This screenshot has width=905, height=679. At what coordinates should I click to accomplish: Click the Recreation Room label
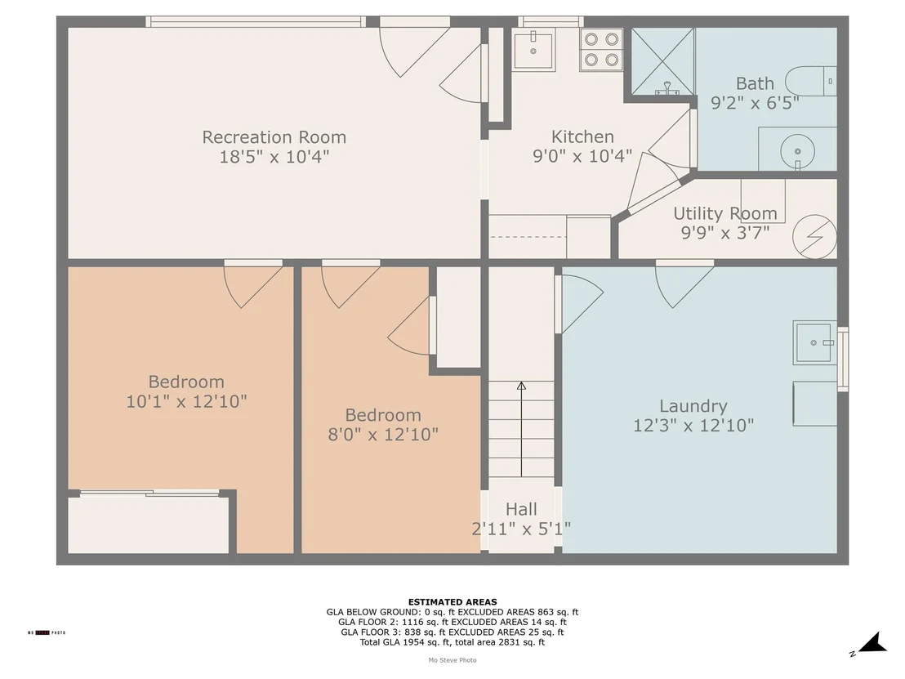(x=274, y=137)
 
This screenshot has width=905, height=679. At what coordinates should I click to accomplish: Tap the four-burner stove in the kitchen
(x=601, y=50)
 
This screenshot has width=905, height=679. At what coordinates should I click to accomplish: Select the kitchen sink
(x=534, y=50)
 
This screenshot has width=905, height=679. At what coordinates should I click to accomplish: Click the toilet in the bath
(x=811, y=81)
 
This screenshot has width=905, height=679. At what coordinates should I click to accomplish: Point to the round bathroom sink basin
(x=798, y=151)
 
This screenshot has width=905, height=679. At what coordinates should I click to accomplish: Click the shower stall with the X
(x=662, y=61)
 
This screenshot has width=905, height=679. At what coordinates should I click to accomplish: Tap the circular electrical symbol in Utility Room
(x=814, y=237)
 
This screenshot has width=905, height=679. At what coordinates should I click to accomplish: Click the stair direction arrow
(x=521, y=429)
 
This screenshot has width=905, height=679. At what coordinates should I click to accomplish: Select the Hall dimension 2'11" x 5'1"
(x=521, y=529)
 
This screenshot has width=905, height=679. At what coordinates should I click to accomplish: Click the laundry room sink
(x=814, y=342)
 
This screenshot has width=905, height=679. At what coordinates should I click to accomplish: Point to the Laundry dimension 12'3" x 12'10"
(x=693, y=426)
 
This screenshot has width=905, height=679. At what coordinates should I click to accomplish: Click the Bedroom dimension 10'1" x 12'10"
(x=186, y=401)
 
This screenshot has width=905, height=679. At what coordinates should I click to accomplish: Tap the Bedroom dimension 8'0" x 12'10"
(x=383, y=434)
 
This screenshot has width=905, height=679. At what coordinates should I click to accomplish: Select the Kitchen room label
(x=582, y=136)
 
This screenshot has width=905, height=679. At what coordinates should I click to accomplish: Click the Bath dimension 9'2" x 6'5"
(x=755, y=103)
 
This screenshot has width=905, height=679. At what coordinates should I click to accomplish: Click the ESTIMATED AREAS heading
(x=452, y=601)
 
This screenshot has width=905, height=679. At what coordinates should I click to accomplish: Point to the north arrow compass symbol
(x=872, y=643)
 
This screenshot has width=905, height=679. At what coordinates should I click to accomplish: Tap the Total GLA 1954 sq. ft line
(x=452, y=642)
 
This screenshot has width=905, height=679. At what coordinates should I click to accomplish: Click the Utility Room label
(x=725, y=213)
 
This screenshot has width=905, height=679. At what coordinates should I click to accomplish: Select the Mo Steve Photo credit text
(x=452, y=660)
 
